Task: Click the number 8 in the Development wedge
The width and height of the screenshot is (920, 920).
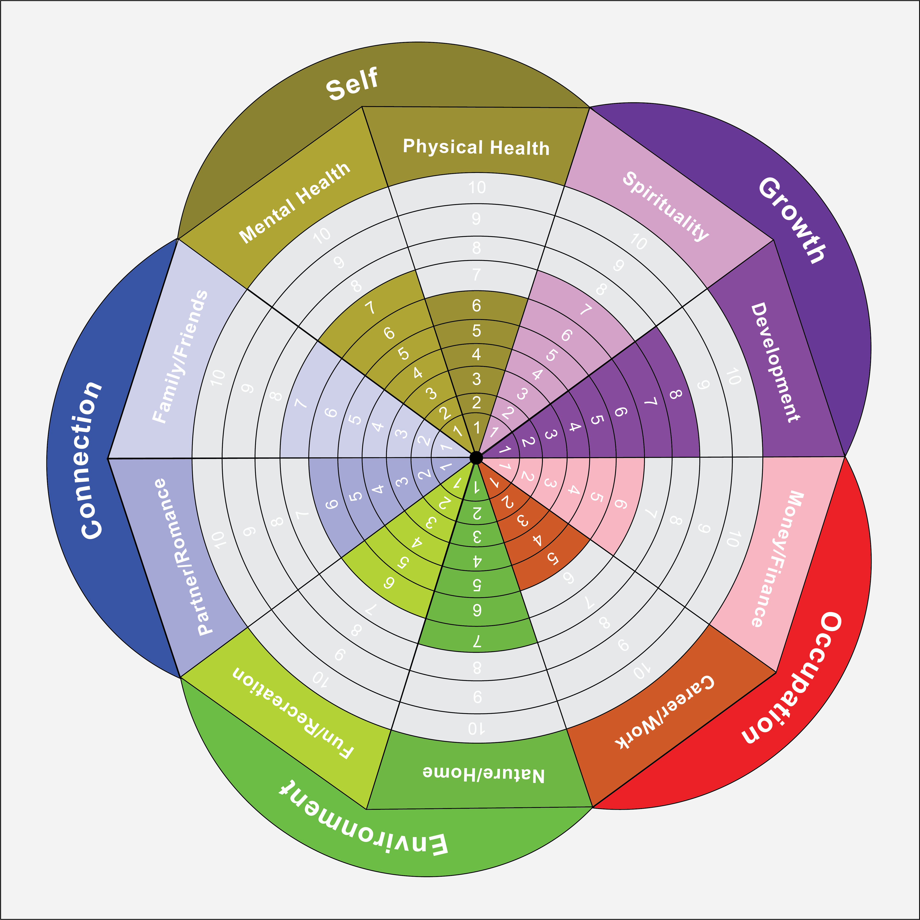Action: pyautogui.click(x=675, y=394)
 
